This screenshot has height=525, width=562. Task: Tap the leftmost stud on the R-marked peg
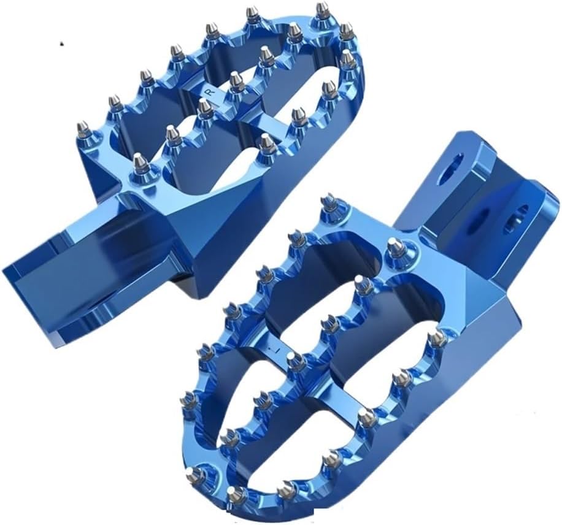click(83, 130)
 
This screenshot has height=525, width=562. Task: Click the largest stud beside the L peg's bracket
click(397, 247)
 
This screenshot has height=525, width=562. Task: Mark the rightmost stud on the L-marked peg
click(437, 339)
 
